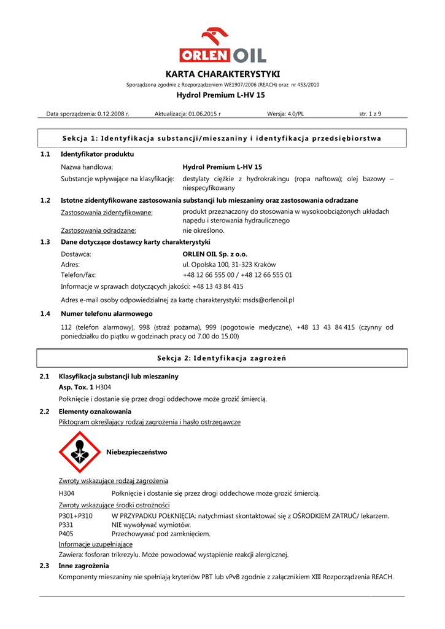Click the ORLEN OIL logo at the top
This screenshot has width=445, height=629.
coord(223,45)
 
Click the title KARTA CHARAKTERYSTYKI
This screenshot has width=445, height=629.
coord(223,74)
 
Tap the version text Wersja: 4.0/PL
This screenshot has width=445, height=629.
coord(285,114)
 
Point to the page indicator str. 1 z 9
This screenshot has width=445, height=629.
coord(370,114)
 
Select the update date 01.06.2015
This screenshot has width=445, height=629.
coord(203,114)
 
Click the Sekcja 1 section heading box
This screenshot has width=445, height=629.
coord(222,138)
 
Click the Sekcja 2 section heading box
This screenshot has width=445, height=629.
coord(222,358)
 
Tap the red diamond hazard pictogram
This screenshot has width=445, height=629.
coord(79,452)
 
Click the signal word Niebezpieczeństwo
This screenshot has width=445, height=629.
coord(136,452)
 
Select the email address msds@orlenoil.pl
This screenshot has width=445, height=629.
coord(268,300)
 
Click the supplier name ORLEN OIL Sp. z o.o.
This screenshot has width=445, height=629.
coord(215,254)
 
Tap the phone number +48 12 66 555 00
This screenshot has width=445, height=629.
coord(209,275)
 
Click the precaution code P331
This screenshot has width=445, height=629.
coord(66,525)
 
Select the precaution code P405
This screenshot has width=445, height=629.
coord(66,534)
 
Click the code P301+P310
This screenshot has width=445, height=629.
coord(75,516)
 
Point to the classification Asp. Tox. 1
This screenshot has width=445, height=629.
coord(75,388)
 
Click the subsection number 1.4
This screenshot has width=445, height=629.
coord(45,314)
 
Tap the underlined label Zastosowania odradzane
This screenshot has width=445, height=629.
coord(98,231)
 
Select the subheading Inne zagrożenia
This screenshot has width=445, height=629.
coord(83,566)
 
